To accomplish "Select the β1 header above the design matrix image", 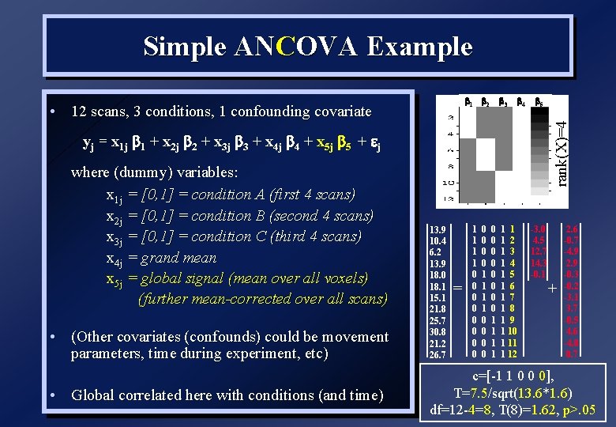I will coord(468,102).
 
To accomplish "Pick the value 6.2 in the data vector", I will coord(436,251).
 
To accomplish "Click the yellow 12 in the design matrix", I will coord(512,354).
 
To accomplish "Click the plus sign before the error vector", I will coord(552,288).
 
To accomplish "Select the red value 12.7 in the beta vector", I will coord(539,251).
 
